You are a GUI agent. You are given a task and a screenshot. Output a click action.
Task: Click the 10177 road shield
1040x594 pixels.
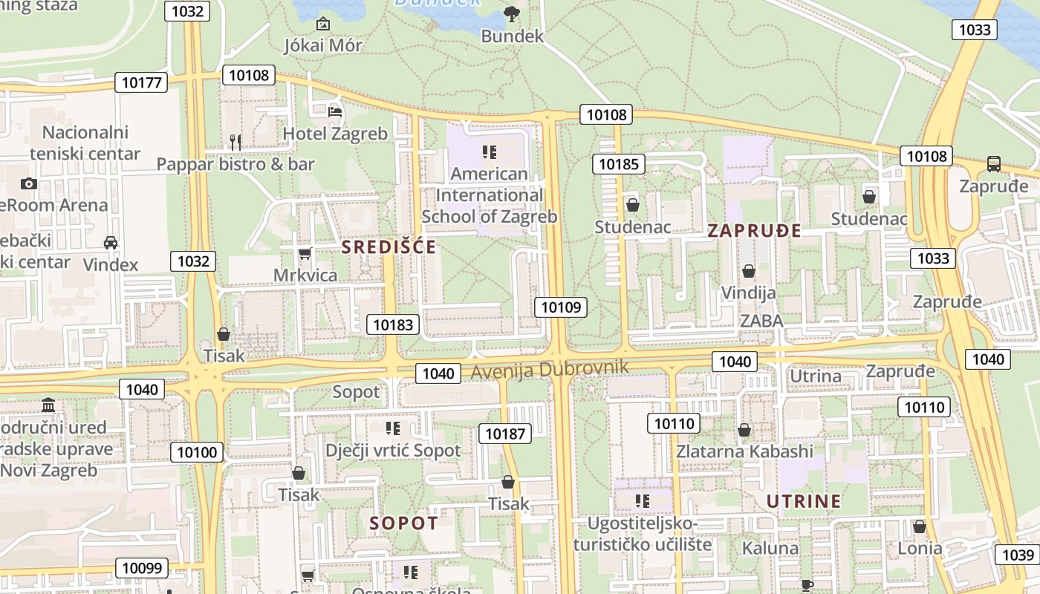[141, 82]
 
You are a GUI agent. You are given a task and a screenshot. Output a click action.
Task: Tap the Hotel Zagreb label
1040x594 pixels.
[335, 134]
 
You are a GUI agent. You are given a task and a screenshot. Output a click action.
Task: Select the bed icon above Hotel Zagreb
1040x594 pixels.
[335, 112]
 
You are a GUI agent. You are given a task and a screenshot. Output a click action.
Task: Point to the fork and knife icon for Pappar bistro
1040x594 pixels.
[235, 141]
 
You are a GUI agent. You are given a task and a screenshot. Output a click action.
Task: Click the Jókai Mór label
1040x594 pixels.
[323, 45]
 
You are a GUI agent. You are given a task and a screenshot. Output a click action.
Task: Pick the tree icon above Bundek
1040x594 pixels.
[511, 13]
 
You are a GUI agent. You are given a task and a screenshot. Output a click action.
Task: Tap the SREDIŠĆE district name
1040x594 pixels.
[389, 247]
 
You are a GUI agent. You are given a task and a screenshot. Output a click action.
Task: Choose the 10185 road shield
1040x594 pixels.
[618, 164]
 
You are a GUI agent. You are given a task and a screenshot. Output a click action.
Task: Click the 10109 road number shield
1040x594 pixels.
[560, 307]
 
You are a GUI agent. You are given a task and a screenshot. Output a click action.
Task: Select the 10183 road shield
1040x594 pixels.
[393, 324]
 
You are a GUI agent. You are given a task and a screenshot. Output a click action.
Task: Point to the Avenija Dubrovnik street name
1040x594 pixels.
[550, 368]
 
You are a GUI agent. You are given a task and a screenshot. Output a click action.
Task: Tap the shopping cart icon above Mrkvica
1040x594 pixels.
[305, 255]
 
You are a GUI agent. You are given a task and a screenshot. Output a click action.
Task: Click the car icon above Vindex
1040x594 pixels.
[111, 242]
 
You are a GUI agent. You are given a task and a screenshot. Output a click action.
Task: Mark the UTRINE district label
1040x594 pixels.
[804, 501]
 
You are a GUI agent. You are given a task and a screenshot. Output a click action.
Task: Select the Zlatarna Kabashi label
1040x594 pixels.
[744, 451]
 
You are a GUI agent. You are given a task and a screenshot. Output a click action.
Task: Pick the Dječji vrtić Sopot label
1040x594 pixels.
[393, 450]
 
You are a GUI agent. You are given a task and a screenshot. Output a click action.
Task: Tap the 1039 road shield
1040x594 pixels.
[1017, 555]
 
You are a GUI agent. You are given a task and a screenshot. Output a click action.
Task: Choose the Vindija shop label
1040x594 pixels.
[749, 293]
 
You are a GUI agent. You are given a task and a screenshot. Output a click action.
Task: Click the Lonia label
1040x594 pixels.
[920, 549]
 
